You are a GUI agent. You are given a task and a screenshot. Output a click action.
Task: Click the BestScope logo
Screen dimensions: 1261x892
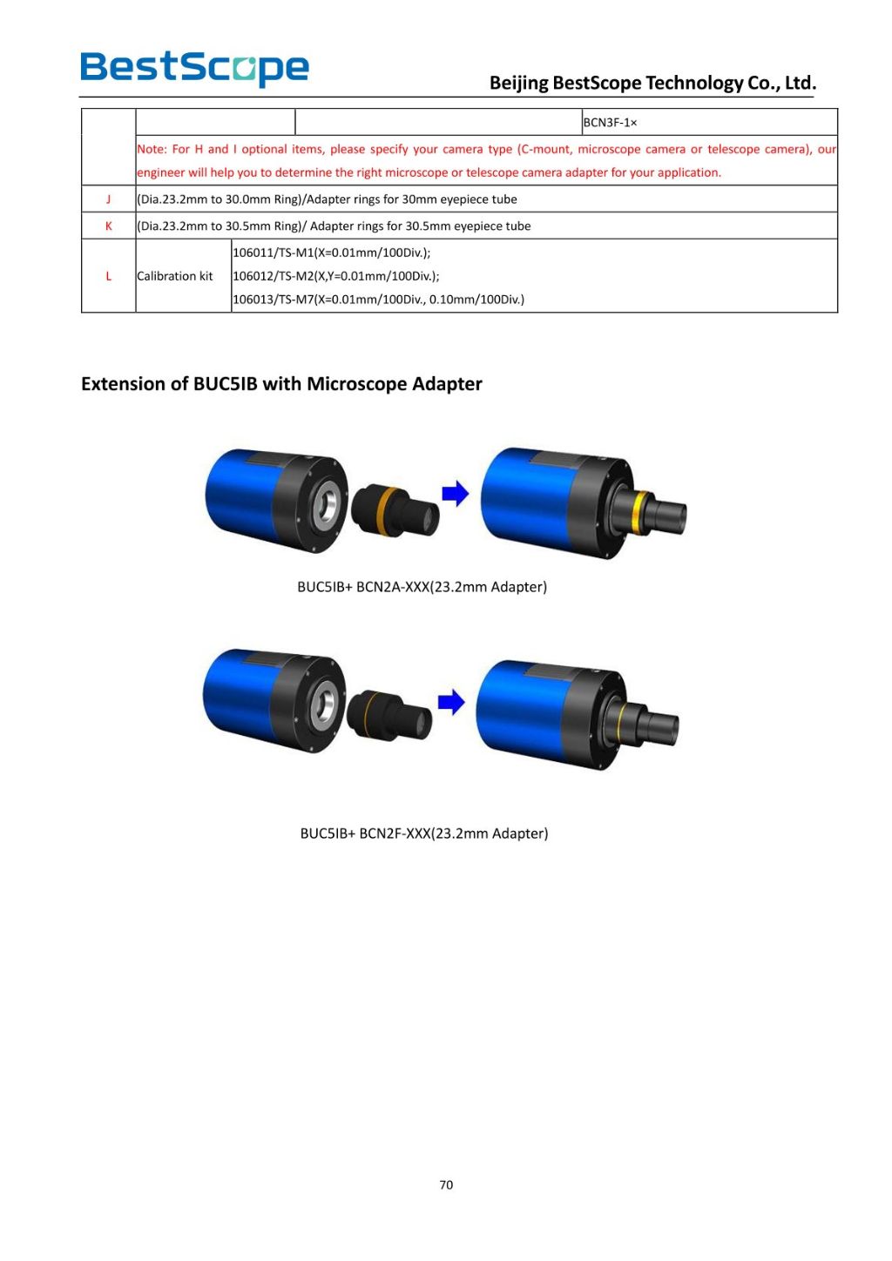[x=194, y=68]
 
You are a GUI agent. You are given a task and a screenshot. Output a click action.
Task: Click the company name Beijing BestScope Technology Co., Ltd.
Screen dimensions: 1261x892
[x=652, y=83]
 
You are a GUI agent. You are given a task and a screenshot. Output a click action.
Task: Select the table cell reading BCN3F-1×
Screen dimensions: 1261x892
[x=610, y=123]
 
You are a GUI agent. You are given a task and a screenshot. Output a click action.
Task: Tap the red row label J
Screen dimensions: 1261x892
[x=109, y=199]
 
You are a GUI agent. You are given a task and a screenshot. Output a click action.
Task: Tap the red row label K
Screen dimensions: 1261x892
[x=109, y=226]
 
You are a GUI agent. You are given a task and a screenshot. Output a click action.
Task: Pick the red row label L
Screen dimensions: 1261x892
[x=109, y=276]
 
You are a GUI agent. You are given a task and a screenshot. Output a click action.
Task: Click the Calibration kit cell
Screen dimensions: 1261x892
[x=175, y=276]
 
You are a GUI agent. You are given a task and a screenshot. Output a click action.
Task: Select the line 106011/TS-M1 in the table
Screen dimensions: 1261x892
[x=331, y=253]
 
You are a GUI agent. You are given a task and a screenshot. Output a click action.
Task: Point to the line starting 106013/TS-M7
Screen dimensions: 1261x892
[x=378, y=300]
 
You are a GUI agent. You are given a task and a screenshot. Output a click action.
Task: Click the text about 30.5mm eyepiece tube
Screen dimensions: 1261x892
[x=334, y=226]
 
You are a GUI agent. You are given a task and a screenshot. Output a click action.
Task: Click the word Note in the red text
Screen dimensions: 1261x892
[x=151, y=149]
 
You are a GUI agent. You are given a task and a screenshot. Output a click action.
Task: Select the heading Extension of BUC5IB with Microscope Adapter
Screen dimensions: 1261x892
[x=281, y=384]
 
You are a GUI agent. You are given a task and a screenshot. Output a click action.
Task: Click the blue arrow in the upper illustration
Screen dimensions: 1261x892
[x=455, y=494]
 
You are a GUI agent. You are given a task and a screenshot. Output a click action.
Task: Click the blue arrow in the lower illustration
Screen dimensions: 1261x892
[x=450, y=702]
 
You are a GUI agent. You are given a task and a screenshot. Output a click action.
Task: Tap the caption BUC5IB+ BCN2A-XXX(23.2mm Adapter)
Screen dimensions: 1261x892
[x=422, y=587]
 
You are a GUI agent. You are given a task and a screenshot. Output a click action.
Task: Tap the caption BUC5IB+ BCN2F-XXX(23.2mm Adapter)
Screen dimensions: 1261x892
[x=424, y=833]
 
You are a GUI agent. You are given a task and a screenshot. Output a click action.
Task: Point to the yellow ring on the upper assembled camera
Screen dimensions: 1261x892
[x=642, y=509]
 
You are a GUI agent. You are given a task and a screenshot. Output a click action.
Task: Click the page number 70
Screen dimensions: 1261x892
[x=446, y=1184]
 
